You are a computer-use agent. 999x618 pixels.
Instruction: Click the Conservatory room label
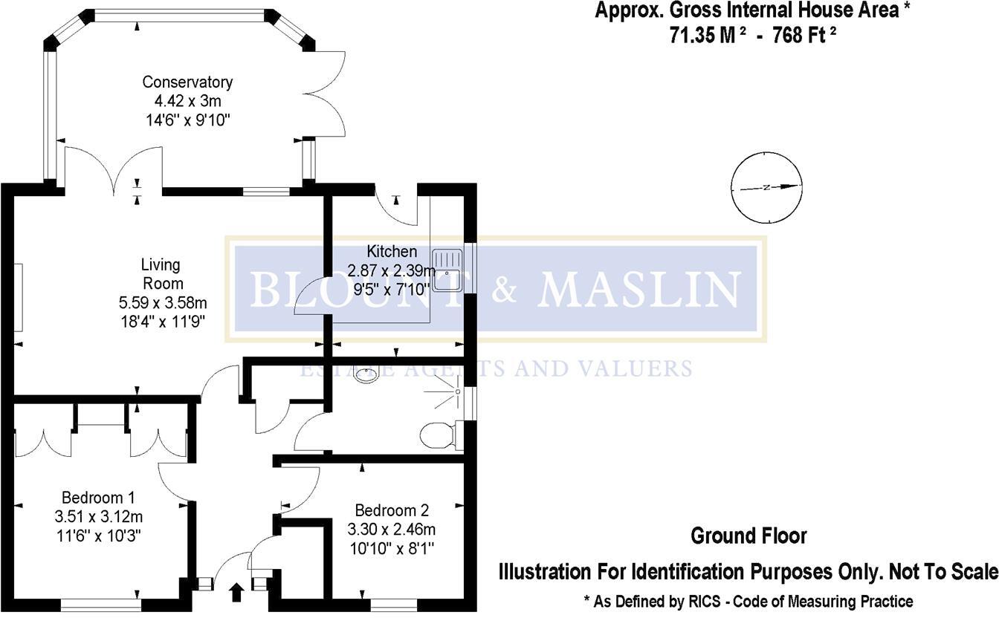point(187,82)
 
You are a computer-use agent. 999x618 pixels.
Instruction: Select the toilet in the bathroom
point(439,435)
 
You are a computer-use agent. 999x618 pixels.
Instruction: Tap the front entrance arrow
point(237,592)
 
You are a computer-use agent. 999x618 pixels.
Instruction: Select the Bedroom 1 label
point(98,497)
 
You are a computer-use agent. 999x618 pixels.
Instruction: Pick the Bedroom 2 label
point(392,511)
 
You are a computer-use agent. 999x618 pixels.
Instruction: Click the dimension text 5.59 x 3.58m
point(162,302)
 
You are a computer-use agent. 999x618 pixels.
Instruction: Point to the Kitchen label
point(392,252)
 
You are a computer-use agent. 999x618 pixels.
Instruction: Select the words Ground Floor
point(749,536)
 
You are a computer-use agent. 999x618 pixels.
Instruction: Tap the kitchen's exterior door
point(397,207)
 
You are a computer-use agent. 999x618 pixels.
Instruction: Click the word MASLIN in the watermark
point(639,290)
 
